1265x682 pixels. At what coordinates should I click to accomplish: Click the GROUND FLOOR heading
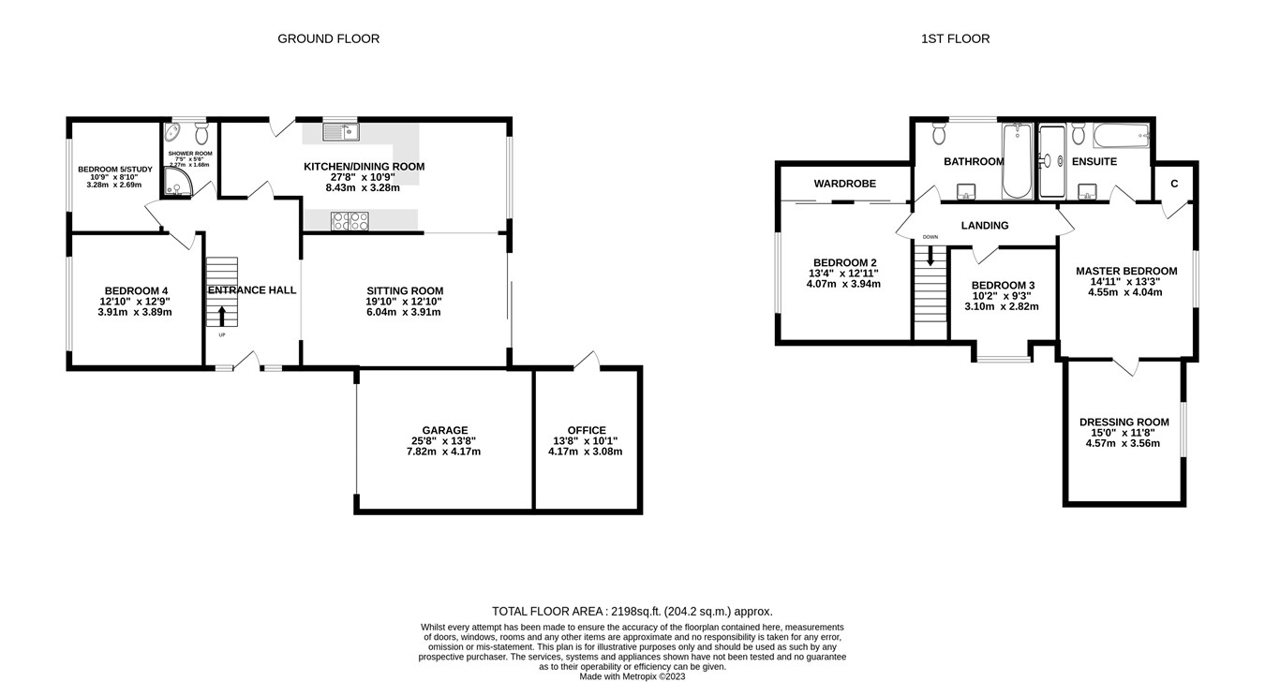328,38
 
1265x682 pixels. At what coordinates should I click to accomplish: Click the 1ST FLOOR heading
956,38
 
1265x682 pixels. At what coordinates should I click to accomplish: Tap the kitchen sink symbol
340,132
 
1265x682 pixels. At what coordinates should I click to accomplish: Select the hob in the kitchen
350,220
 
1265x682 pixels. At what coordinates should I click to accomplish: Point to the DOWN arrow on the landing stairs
930,252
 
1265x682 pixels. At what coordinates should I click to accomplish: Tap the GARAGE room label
444,431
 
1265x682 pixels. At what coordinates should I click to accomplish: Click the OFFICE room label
586,431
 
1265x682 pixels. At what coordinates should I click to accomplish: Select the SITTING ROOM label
404,290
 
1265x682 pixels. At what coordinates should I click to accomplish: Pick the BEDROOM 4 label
136,290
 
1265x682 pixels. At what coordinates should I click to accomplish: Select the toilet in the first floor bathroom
940,135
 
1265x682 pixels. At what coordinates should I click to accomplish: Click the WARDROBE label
844,184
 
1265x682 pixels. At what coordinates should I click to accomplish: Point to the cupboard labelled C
1173,184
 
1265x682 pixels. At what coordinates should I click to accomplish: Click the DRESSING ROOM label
1124,423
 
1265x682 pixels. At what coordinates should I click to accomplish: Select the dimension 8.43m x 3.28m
363,187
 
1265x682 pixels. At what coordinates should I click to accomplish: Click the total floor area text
632,611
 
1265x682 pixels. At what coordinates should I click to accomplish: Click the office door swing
588,360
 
